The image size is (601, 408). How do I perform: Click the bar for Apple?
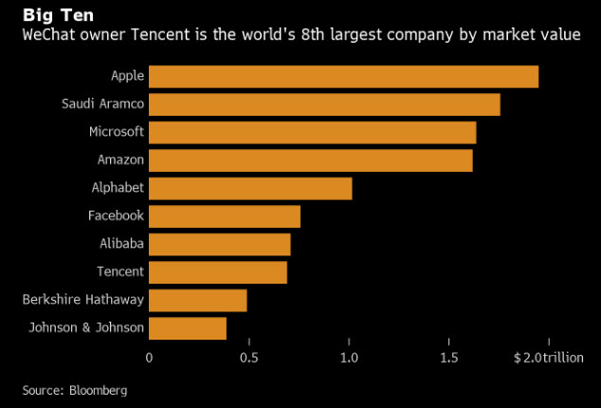click(343, 77)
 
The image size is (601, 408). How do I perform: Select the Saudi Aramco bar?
click(324, 104)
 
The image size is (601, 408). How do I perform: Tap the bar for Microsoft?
click(312, 132)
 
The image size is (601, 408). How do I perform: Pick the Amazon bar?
click(310, 160)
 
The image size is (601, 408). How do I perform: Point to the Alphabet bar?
click(250, 188)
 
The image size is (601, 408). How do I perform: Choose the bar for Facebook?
click(225, 216)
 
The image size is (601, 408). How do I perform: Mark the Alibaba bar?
click(220, 244)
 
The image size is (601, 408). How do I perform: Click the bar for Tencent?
click(218, 272)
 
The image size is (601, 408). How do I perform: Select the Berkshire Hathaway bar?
click(198, 300)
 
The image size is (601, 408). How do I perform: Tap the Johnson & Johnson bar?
click(188, 328)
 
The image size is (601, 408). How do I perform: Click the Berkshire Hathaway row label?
click(83, 300)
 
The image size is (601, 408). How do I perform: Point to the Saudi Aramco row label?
click(101, 104)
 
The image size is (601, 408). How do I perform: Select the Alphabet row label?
click(118, 188)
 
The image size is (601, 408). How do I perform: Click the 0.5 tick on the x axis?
click(248, 358)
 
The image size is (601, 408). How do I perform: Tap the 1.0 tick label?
click(349, 358)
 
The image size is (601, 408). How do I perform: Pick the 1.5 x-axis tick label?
click(448, 358)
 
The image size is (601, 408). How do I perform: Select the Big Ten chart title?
click(59, 15)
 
